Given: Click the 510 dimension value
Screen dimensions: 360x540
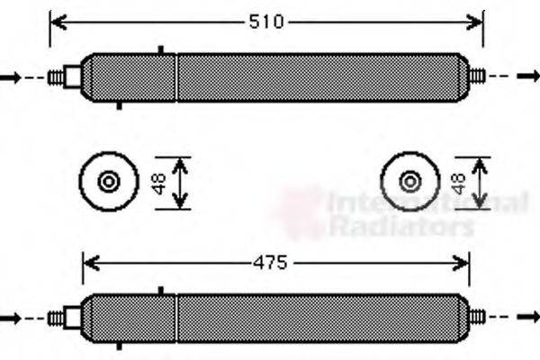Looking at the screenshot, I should click(266, 22).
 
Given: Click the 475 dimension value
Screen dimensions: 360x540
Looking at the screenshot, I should click(268, 264).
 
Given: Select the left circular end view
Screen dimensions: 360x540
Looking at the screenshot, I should click(109, 182).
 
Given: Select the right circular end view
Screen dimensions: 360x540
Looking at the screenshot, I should click(411, 182).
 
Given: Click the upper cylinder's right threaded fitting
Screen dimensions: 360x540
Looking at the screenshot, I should click(477, 77).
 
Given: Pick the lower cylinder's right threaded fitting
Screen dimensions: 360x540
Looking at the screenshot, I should click(477, 318).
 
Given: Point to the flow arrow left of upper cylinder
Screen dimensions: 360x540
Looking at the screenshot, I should click(10, 77).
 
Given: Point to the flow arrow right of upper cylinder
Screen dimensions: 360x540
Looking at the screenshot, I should click(528, 77).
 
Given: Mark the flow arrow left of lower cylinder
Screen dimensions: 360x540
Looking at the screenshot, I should click(10, 318).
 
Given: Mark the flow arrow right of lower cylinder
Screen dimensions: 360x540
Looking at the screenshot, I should click(528, 318).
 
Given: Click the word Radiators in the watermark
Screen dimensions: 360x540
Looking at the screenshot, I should click(400, 227).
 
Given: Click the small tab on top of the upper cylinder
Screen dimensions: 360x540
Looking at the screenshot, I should click(160, 50).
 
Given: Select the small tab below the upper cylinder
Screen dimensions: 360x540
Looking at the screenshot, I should click(120, 105).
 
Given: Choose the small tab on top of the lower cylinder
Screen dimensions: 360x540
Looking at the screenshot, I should click(160, 291).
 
